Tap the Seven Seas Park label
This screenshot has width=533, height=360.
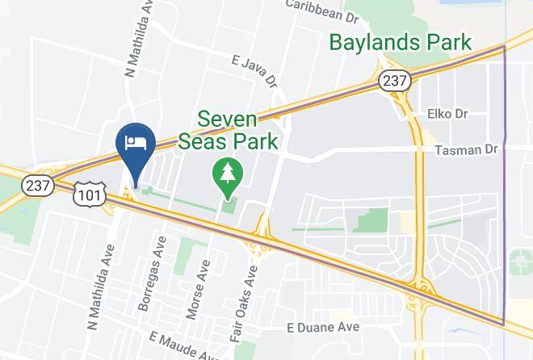pyautogui.click(x=239, y=131)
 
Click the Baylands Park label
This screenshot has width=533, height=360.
pyautogui.click(x=401, y=41)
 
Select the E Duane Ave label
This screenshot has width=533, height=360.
pyautogui.click(x=322, y=328)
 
